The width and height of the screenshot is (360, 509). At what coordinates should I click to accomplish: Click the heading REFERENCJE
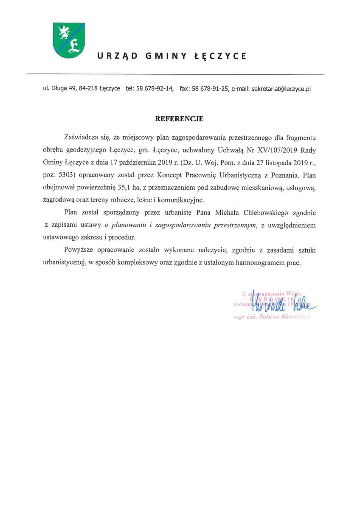click(x=179, y=119)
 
